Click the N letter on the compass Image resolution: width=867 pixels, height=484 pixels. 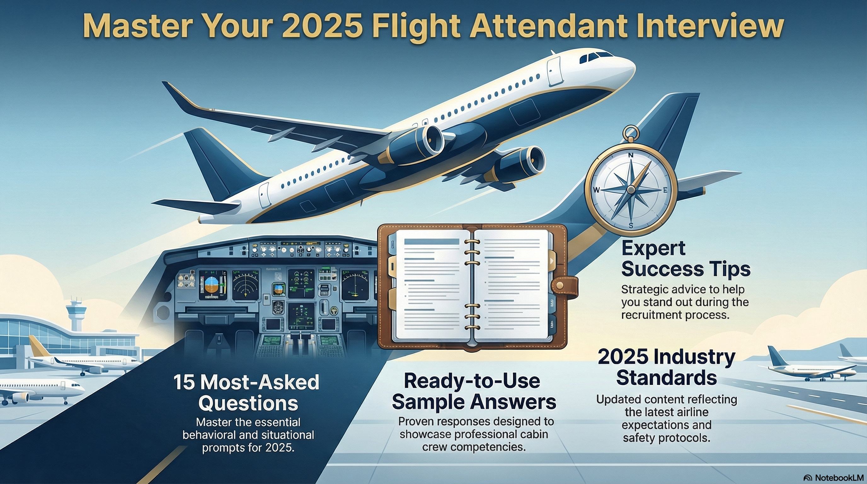[631, 155]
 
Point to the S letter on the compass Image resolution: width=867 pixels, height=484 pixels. [631, 226]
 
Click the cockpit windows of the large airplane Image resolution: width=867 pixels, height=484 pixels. [596, 57]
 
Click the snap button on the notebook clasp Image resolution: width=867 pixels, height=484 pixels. [560, 285]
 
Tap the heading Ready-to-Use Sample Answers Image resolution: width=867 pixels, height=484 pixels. [474, 392]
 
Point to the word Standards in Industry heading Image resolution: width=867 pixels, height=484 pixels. [666, 377]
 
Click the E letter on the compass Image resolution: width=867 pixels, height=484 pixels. [665, 190]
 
